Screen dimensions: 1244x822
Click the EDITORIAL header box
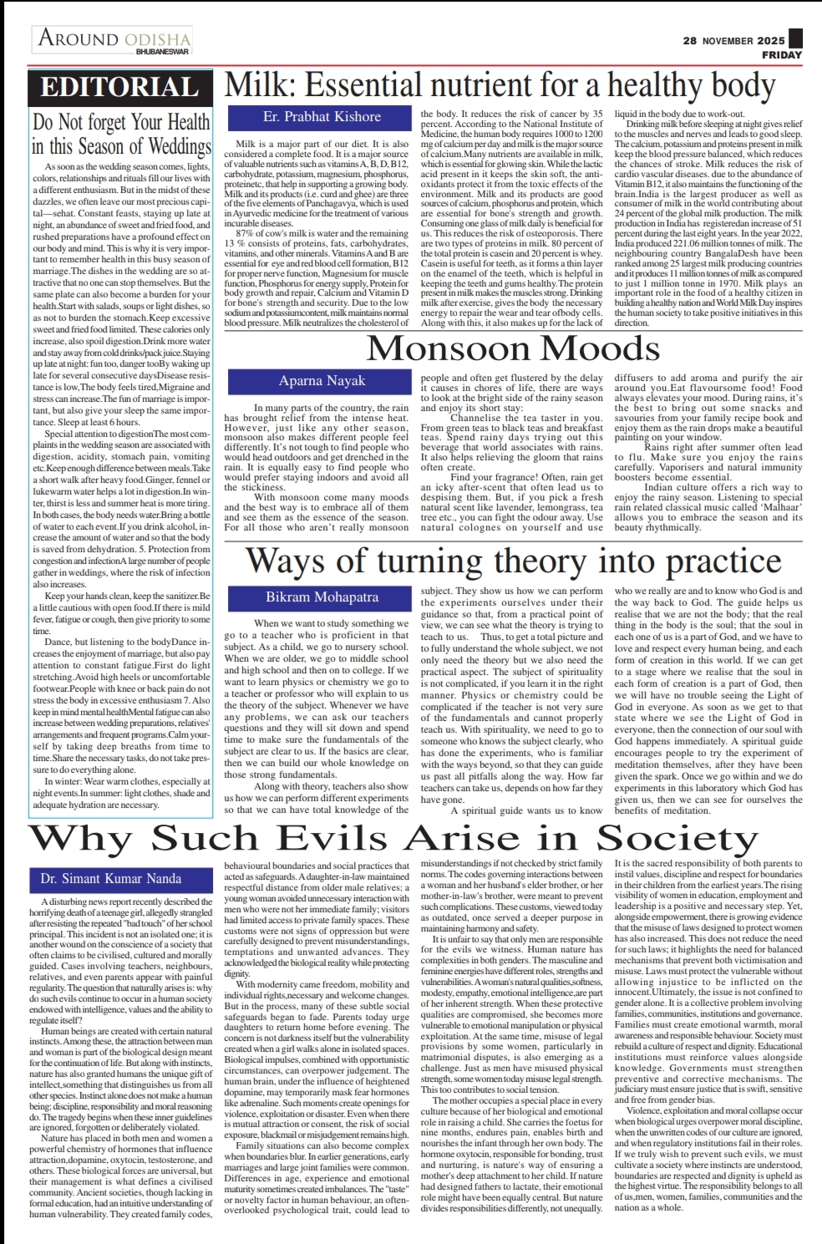coord(119,88)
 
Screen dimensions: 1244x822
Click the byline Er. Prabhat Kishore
coord(322,117)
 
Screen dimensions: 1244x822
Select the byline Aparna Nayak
coord(322,381)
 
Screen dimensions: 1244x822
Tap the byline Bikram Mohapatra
coord(322,597)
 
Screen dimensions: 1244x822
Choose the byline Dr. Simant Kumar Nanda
coord(110,879)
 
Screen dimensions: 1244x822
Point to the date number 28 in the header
coord(690,40)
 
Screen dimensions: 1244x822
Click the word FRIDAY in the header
coord(781,55)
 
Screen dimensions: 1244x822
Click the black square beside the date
coord(795,38)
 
